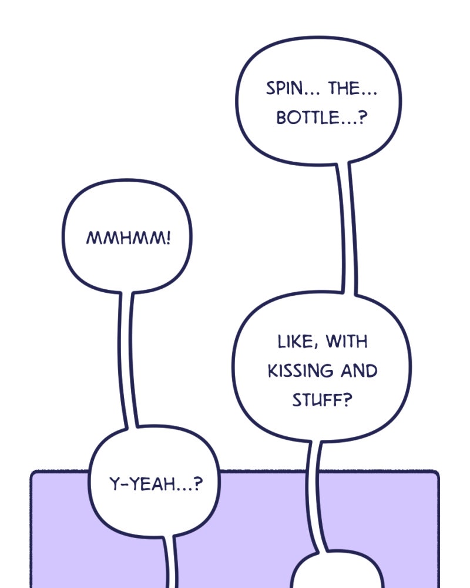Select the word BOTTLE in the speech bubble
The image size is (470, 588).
click(x=307, y=118)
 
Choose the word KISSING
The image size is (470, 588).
click(x=300, y=372)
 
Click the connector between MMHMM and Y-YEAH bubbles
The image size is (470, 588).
click(x=129, y=359)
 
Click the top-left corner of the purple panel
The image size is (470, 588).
click(x=34, y=474)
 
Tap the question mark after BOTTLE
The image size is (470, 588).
click(x=362, y=118)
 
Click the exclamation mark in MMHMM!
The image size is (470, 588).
click(x=169, y=238)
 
